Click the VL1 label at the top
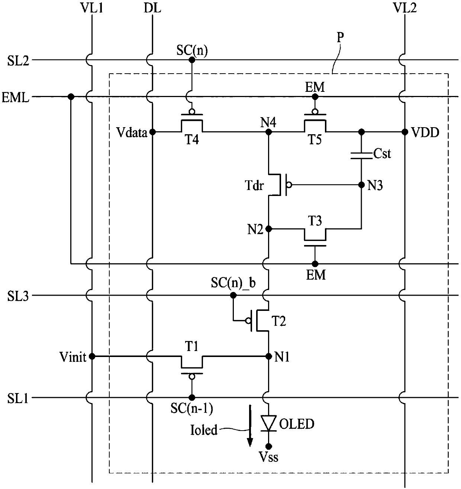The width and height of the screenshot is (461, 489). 92,8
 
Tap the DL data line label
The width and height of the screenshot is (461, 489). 152,8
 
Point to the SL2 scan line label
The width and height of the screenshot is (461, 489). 18,61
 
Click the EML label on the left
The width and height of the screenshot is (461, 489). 16,98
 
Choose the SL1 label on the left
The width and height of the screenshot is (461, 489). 18,399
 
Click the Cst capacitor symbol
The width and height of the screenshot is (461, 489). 361,155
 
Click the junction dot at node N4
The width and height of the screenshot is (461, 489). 269,132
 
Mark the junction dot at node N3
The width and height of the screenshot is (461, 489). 361,185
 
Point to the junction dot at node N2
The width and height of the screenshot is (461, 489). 269,229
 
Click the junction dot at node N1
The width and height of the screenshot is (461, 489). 269,356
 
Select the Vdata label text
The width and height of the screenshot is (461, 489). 132,133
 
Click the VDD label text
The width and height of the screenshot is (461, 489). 425,133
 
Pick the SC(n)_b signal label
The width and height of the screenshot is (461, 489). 233,283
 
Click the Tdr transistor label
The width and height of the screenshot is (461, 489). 254,185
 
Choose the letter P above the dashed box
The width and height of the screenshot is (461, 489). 340,38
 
